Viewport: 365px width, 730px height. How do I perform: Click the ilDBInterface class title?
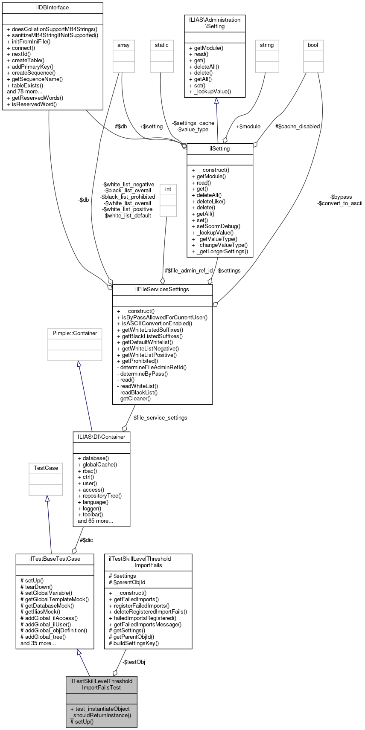(x=53, y=8)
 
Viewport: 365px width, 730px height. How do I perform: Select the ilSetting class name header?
(x=220, y=149)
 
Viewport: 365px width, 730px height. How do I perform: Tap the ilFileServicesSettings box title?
(x=162, y=290)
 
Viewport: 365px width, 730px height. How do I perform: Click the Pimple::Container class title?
(x=75, y=333)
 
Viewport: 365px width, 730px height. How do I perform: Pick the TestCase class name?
(x=46, y=468)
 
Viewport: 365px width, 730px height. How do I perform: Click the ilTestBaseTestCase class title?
(x=55, y=559)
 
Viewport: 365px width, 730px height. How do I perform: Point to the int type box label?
(x=168, y=189)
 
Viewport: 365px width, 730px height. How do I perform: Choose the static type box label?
(x=162, y=45)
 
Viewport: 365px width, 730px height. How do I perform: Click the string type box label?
(x=267, y=45)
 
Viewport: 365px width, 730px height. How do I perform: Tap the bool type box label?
(x=313, y=45)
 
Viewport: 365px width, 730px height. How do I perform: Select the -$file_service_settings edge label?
(x=159, y=418)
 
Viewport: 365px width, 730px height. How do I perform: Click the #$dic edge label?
(x=86, y=540)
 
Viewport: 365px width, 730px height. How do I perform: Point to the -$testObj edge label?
(x=134, y=662)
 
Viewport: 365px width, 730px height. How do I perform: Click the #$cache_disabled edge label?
(x=298, y=127)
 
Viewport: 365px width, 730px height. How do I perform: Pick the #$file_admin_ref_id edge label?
(x=189, y=271)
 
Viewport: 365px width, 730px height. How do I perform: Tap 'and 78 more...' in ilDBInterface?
(x=25, y=91)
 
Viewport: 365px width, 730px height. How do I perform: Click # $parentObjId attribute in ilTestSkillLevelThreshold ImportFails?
(x=127, y=582)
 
